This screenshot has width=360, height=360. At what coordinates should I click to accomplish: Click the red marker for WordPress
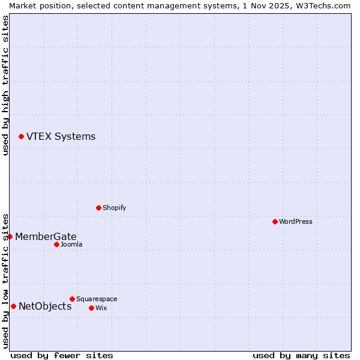tap(275, 221)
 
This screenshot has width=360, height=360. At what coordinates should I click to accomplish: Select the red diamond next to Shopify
tap(98, 208)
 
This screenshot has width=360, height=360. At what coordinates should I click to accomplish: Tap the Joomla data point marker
tap(56, 244)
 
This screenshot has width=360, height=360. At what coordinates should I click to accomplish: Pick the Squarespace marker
tap(72, 299)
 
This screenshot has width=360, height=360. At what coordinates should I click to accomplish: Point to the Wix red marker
tap(91, 308)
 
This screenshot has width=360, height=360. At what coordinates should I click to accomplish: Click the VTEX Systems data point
tap(21, 137)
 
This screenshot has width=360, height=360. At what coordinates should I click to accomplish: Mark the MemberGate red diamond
tap(10, 236)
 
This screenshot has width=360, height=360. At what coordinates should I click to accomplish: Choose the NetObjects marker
tap(13, 307)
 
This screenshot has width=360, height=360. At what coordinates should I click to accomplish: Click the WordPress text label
tap(296, 221)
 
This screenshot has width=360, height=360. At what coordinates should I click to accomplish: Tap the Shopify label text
tap(114, 208)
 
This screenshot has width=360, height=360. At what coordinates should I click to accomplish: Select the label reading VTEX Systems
tap(61, 136)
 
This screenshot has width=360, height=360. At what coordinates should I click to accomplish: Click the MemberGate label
tap(46, 236)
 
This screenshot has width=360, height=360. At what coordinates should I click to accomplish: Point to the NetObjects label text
tap(45, 307)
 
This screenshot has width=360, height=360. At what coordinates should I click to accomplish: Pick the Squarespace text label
tap(97, 299)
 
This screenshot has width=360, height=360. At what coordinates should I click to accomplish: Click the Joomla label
tap(71, 244)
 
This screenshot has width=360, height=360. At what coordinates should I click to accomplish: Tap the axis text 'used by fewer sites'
tap(62, 355)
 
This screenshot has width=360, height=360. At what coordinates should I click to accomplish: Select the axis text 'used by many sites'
tap(301, 355)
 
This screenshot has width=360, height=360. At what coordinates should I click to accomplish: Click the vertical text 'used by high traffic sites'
tap(5, 85)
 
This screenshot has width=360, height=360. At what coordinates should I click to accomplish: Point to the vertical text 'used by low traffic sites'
tap(5, 280)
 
